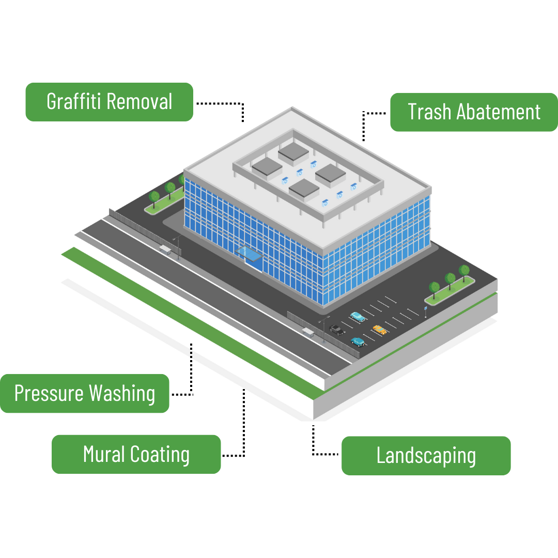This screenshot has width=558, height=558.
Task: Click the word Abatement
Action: pyautogui.click(x=499, y=112)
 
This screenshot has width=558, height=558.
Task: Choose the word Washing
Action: pyautogui.click(x=121, y=394)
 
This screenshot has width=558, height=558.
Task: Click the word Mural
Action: pyautogui.click(x=104, y=454)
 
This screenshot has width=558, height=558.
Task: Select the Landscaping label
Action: pyautogui.click(x=426, y=456)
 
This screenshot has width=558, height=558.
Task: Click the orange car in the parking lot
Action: pyautogui.click(x=380, y=329)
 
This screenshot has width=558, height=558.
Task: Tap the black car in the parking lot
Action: pyautogui.click(x=337, y=329)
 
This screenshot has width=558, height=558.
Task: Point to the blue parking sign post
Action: pyautogui.click(x=426, y=311)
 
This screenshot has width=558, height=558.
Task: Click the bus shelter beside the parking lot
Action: pyautogui.click(x=308, y=331)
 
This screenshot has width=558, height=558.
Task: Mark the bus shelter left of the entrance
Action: pyautogui.click(x=165, y=250)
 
